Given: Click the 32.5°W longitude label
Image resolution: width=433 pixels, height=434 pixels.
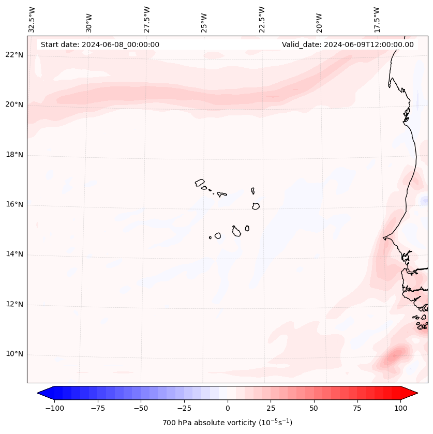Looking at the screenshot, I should tap(32, 19).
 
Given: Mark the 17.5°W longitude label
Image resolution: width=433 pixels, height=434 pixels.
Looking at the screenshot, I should tap(377, 19).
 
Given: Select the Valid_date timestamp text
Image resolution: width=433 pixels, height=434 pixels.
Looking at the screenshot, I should tap(348, 44).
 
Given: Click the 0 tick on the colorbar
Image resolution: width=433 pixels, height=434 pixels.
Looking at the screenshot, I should tap(228, 408).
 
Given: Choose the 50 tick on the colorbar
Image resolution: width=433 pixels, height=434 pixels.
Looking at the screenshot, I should tap(314, 408).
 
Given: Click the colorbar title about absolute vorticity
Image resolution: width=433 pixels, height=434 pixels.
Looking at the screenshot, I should tap(228, 423).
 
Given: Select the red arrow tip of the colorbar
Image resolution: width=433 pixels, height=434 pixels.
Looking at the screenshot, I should tap(415, 393).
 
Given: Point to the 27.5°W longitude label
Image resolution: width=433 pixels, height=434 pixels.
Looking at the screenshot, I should tap(147, 19).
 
